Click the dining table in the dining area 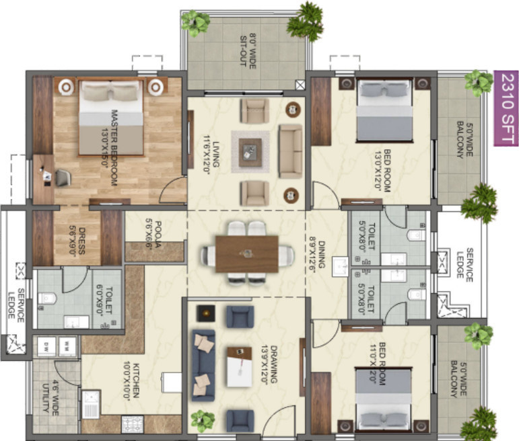pyautogui.click(x=247, y=254)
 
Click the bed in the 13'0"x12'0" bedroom pyautogui.click(x=383, y=110)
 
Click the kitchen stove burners pyautogui.click(x=129, y=424)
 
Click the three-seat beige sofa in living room pyautogui.click(x=291, y=151)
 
